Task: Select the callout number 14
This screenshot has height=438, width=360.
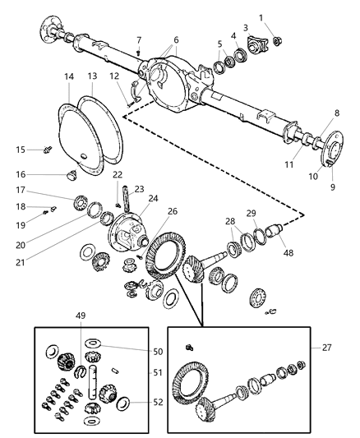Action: [x=69, y=76]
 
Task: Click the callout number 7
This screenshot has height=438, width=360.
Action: [x=139, y=39]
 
